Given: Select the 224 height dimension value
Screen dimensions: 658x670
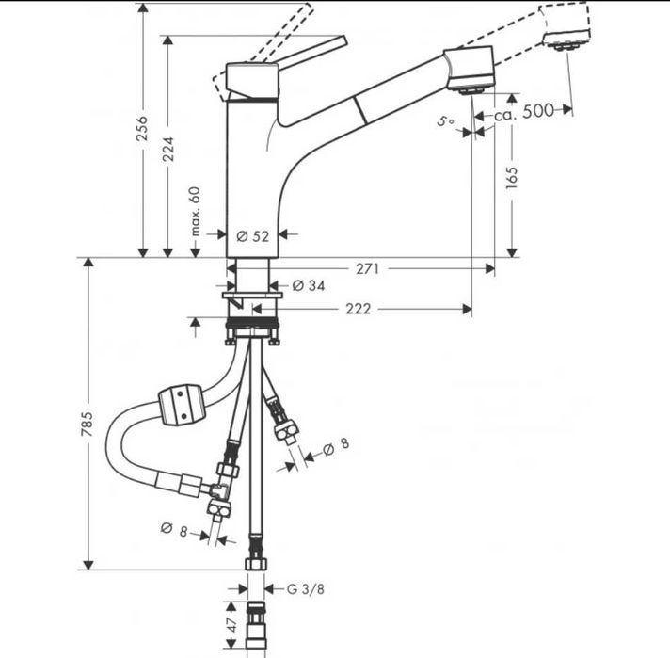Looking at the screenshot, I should [167, 143].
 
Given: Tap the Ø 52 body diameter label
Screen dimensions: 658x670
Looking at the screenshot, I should [253, 236].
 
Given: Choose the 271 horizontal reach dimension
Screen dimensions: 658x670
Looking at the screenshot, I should [367, 269].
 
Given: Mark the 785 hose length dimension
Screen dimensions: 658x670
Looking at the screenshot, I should [88, 417].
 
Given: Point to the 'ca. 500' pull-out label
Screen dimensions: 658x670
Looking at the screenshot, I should [525, 111].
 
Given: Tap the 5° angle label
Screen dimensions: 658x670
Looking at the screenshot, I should [446, 121].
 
